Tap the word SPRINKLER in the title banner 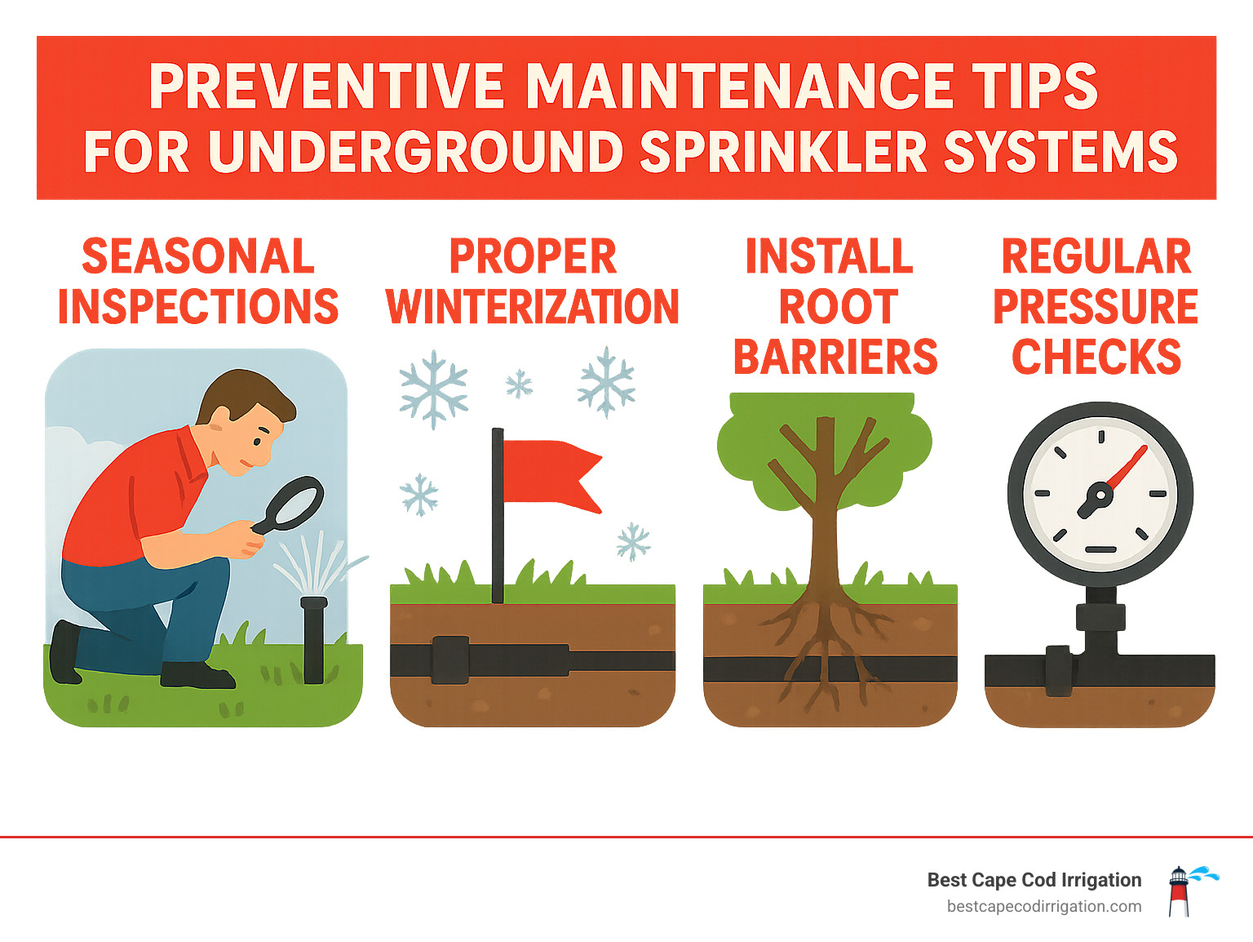pos(783,153)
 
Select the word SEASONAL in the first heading pos(198,257)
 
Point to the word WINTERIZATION pos(532,307)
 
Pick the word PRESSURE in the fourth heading pos(1095,308)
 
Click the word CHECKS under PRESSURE pos(1096,358)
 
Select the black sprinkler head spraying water pos(313,637)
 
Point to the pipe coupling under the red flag pos(449,660)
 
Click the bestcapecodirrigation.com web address pos(1043,907)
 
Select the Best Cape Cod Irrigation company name pos(1034,880)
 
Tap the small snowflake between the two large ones pos(519,383)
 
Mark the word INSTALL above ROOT pos(829,257)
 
